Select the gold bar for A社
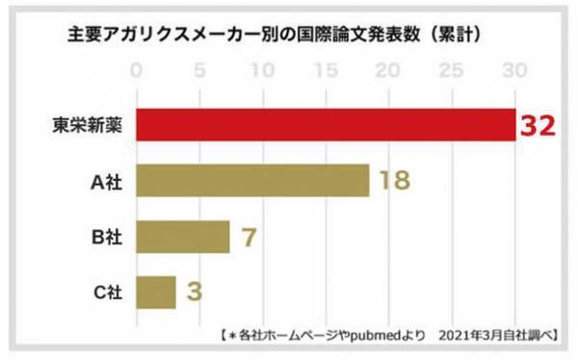(252, 180)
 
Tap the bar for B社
(183, 236)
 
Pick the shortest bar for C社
(156, 291)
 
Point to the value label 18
(396, 181)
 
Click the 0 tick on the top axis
(137, 70)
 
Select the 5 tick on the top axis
(199, 70)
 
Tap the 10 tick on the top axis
(263, 70)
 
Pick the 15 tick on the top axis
(326, 70)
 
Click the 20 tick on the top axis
(389, 70)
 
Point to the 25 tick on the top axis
(452, 70)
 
